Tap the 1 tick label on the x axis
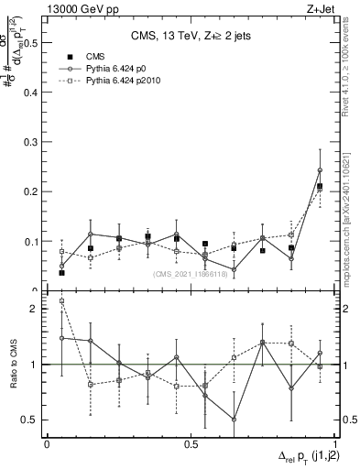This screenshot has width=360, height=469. pos(335,443)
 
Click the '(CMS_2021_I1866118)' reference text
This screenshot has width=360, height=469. pos(192,274)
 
